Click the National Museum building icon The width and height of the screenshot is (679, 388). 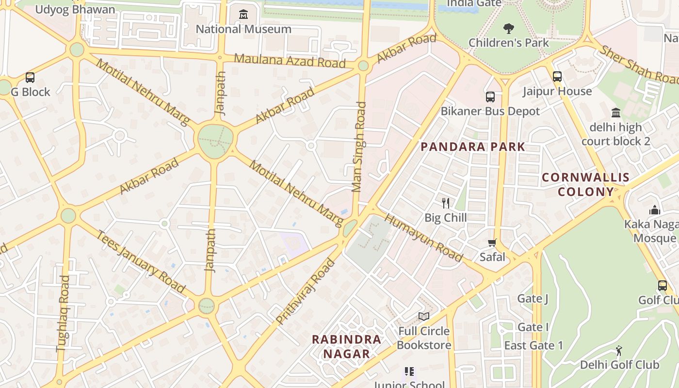coord(243,15)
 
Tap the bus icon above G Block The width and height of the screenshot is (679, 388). coord(30,78)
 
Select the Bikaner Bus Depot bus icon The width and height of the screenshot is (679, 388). coord(490,97)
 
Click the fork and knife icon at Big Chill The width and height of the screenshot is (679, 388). coord(446,203)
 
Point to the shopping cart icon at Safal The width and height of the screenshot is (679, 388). coord(492,242)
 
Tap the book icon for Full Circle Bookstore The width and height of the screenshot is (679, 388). coord(424,316)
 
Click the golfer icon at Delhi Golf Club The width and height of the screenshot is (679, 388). coord(619,350)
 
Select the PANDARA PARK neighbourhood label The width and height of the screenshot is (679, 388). coord(473,147)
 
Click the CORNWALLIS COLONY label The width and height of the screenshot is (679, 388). coord(585,184)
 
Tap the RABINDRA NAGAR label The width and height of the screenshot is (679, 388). coord(346,346)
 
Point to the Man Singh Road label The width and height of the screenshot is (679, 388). coord(359,146)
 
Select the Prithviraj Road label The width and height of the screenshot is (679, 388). coord(306,292)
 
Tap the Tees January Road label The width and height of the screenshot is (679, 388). coord(141,262)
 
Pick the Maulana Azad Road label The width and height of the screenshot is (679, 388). coord(290,61)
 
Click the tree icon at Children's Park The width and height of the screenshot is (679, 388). coord(508,28)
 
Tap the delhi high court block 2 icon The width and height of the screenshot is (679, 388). coord(616,113)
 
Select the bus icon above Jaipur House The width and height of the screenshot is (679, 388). coord(557,77)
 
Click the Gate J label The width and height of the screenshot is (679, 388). coord(533,298)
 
